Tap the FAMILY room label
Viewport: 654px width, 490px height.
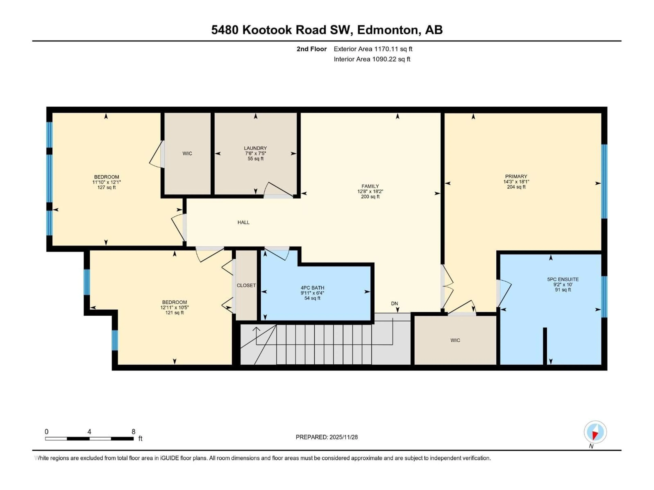(x=370, y=186)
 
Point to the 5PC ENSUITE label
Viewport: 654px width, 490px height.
(x=563, y=279)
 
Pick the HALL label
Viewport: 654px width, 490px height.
(x=243, y=222)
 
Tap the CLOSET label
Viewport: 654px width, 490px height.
(x=246, y=285)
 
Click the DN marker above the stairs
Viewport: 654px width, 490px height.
(x=394, y=303)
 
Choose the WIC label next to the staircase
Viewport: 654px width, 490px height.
(x=455, y=340)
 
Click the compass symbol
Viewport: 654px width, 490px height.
(x=595, y=432)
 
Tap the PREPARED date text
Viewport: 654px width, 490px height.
(x=326, y=437)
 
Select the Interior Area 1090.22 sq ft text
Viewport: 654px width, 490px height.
(x=372, y=59)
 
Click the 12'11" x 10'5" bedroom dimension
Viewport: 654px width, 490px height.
(x=174, y=307)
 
